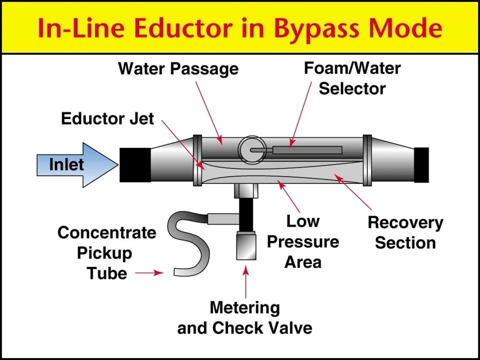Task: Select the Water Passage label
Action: pos(178,68)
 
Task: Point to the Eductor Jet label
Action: pos(107,118)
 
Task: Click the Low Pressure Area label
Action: pos(303,241)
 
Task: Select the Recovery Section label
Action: pos(405,232)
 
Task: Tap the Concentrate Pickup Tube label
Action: pos(106,252)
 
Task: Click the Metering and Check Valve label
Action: pos(244,317)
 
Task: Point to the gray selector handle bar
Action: pos(307,149)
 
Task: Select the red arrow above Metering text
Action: pos(245,282)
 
